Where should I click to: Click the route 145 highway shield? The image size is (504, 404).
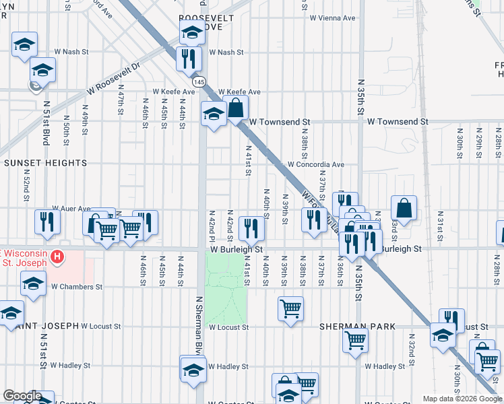pyautogui.click(x=199, y=81)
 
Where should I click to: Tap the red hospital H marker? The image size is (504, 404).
pyautogui.click(x=58, y=257)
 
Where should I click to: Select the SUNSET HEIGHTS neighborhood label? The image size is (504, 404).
pyautogui.click(x=46, y=163)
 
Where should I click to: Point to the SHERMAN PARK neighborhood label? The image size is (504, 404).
pyautogui.click(x=358, y=326)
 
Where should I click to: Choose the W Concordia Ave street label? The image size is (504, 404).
pyautogui.click(x=316, y=164)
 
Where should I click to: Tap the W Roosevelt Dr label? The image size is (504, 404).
pyautogui.click(x=111, y=80)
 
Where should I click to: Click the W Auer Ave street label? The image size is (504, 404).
pyautogui.click(x=71, y=209)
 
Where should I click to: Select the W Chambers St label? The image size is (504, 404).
pyautogui.click(x=77, y=286)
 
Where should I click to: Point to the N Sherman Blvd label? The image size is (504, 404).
pyautogui.click(x=199, y=326)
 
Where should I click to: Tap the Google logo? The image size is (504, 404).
pyautogui.click(x=22, y=396)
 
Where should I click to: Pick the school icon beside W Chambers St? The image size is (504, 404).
pyautogui.click(x=33, y=283)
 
